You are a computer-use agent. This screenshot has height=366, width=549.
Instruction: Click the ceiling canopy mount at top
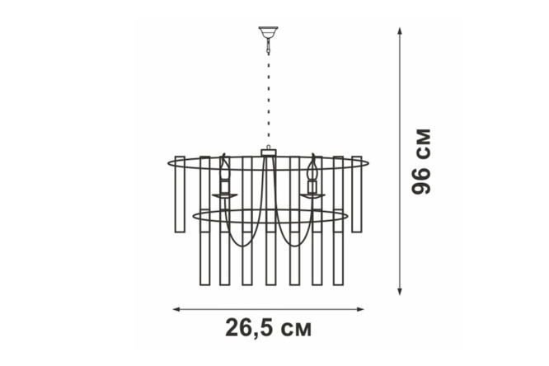coord(268,32)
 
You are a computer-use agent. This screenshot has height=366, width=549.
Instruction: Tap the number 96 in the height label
coord(421,181)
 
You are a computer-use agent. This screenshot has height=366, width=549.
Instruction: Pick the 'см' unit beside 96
coord(421,143)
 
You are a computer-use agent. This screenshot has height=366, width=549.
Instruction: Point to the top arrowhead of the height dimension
coord(400,30)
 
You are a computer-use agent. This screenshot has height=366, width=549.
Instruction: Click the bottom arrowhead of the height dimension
coord(400,291)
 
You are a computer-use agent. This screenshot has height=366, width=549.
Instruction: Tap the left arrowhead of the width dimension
coord(176,309)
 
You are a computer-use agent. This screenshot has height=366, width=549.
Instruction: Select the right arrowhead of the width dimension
coord(360,309)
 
